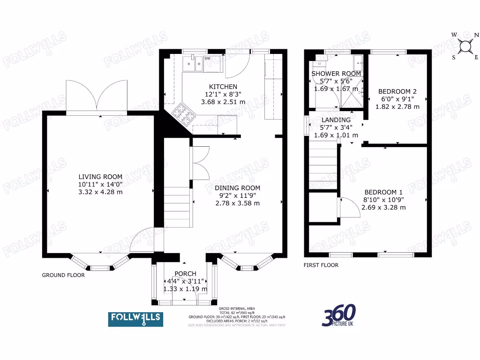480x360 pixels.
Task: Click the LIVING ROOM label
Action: tap(100, 177)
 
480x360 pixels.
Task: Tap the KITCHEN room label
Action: tap(223, 87)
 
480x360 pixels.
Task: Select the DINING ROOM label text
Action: tap(237, 188)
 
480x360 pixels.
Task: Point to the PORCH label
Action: tap(185, 274)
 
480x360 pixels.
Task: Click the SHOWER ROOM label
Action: tap(336, 74)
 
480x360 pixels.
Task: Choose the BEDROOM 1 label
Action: tap(383, 192)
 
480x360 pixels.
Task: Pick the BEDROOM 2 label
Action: tap(397, 91)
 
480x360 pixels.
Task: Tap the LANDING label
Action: tap(336, 120)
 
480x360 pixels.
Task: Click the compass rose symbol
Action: tap(465, 46)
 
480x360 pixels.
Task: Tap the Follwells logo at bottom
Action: tap(135, 319)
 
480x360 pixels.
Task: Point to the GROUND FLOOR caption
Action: tap(63, 275)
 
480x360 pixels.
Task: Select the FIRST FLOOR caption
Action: tap(321, 265)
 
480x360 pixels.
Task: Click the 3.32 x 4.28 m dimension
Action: tap(100, 192)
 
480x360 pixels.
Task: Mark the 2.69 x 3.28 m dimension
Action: tap(383, 207)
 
